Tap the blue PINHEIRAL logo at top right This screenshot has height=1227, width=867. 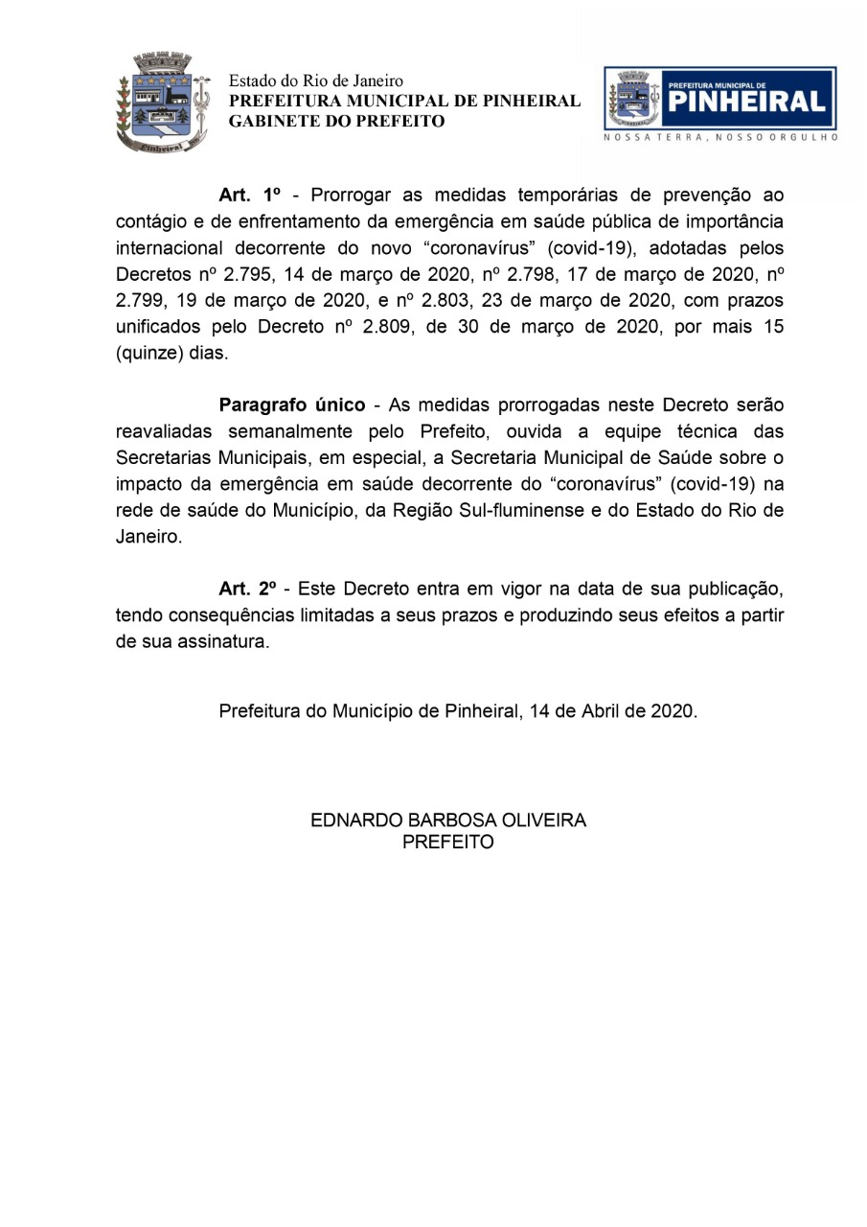[719, 99]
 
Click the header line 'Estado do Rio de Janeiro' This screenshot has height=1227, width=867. [315, 81]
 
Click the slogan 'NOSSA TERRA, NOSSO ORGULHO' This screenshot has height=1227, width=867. [720, 138]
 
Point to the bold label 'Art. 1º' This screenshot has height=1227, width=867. [249, 196]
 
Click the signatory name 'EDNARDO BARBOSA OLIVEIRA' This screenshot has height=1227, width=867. [448, 821]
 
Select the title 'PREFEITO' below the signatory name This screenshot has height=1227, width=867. [448, 843]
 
